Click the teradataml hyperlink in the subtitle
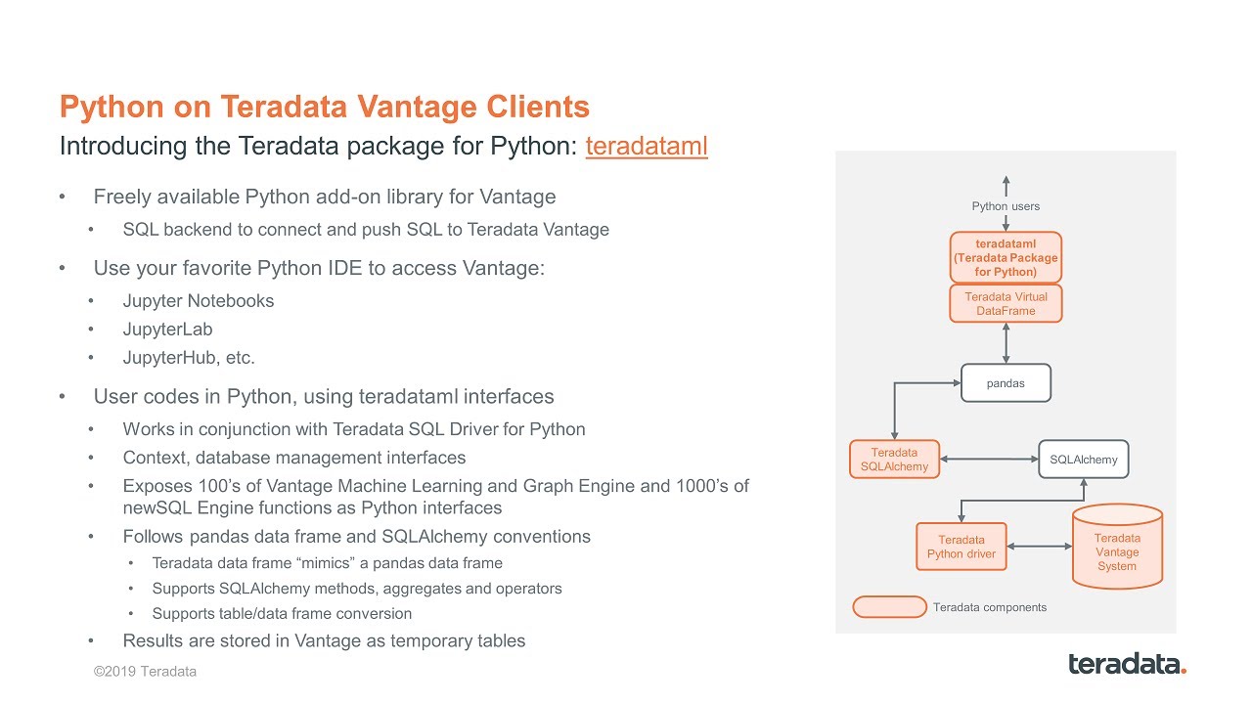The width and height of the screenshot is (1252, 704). point(646,147)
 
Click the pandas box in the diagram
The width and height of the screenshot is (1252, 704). point(1006,383)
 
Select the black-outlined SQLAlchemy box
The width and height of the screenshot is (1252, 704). point(1083,460)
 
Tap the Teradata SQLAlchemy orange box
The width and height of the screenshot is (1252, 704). point(894,460)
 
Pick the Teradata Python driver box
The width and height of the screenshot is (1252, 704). point(961,547)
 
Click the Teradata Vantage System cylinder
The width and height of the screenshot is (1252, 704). point(1116,548)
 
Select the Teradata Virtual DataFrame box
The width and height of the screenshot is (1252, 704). point(1006,304)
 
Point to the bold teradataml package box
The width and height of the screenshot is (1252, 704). point(1006,257)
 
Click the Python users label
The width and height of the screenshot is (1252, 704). point(1006,206)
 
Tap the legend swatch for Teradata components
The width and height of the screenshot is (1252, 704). point(889,607)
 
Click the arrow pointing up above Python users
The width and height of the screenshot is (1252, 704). point(1006,185)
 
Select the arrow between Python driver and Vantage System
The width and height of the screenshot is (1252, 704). point(1039,547)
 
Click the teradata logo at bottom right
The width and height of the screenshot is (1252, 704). point(1127,664)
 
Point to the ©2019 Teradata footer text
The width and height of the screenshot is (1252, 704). point(145,672)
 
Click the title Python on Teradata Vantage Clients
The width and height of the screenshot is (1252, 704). point(324,107)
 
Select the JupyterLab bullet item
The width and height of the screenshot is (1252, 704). point(167,330)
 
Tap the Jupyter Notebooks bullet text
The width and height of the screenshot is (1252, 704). point(198,301)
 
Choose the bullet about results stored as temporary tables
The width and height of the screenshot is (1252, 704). point(323,641)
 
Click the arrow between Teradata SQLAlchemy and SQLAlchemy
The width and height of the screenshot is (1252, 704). point(988,460)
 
